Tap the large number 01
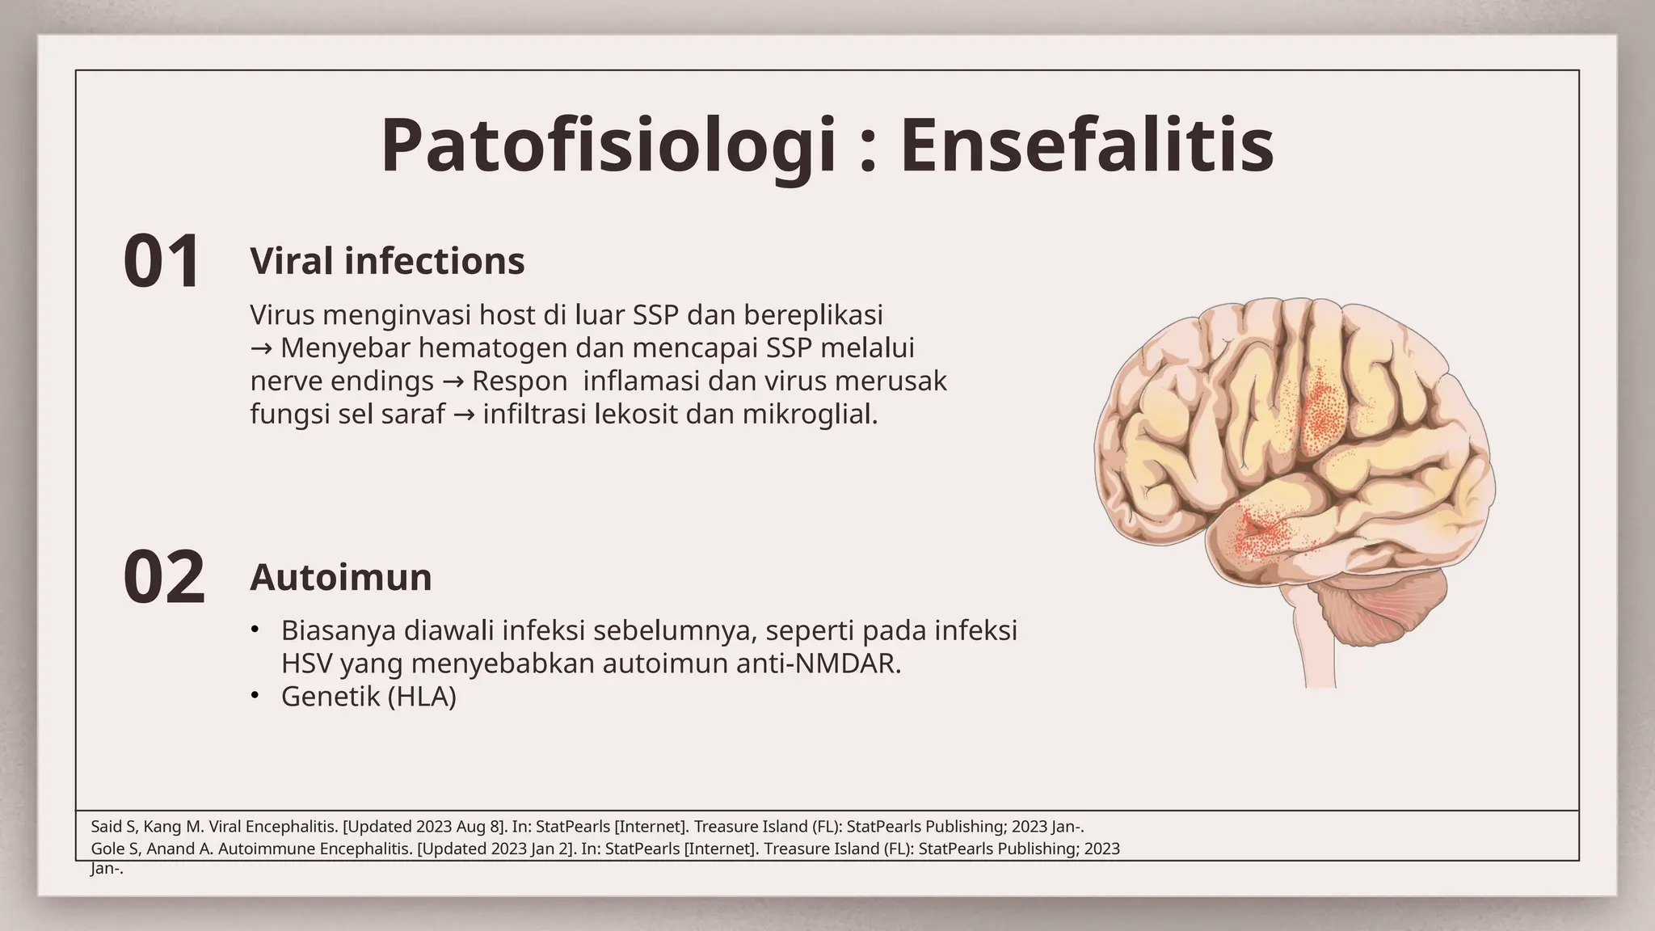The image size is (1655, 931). [x=162, y=261]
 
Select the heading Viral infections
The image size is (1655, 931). [x=387, y=261]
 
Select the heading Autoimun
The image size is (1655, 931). [x=341, y=577]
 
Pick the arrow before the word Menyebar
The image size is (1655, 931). [x=261, y=348]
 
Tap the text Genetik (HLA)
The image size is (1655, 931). [x=368, y=696]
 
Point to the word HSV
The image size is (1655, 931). [x=306, y=663]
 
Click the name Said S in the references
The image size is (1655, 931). [x=113, y=827]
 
